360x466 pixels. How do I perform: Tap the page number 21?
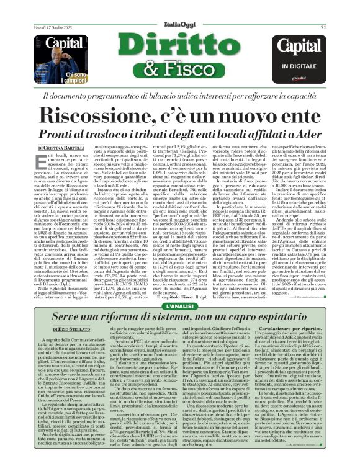(x=323, y=10)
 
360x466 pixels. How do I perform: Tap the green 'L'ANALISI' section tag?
(x=180, y=305)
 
